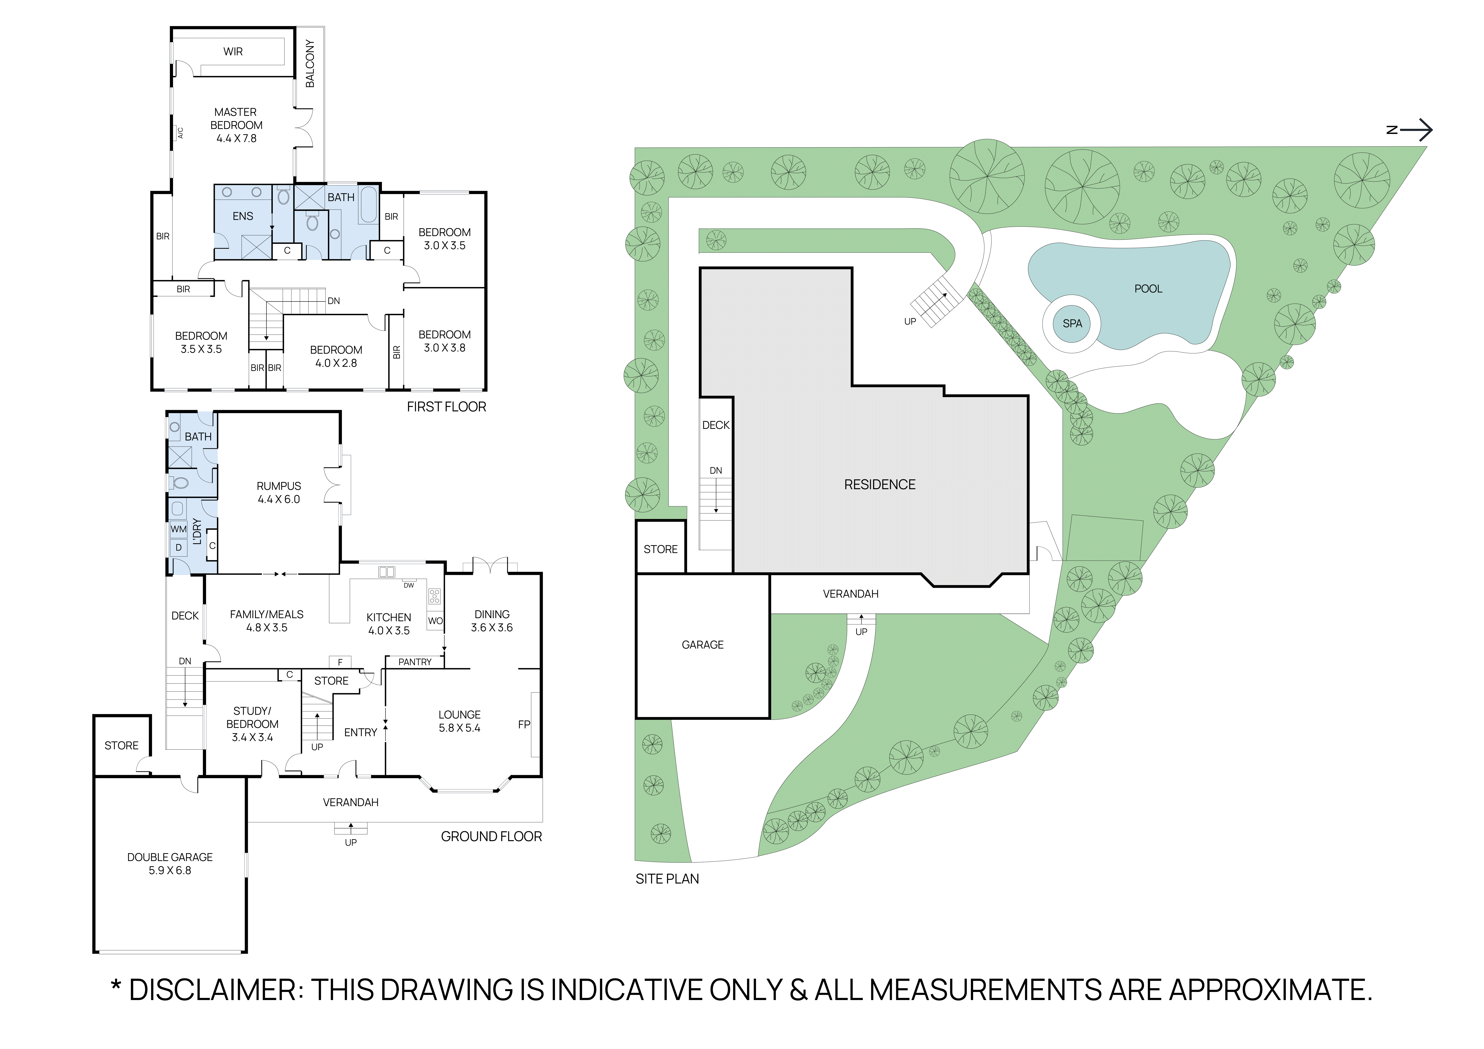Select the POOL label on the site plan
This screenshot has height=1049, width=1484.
click(x=1148, y=289)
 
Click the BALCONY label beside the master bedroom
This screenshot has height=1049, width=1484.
click(x=310, y=63)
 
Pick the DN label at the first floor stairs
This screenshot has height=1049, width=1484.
click(x=334, y=301)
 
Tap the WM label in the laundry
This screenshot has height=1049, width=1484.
click(x=178, y=529)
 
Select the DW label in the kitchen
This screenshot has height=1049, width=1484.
click(x=408, y=585)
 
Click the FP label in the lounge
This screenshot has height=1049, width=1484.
click(x=523, y=725)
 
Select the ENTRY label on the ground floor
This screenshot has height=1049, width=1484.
click(x=360, y=732)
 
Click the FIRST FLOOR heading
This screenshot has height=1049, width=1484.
click(x=446, y=407)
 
